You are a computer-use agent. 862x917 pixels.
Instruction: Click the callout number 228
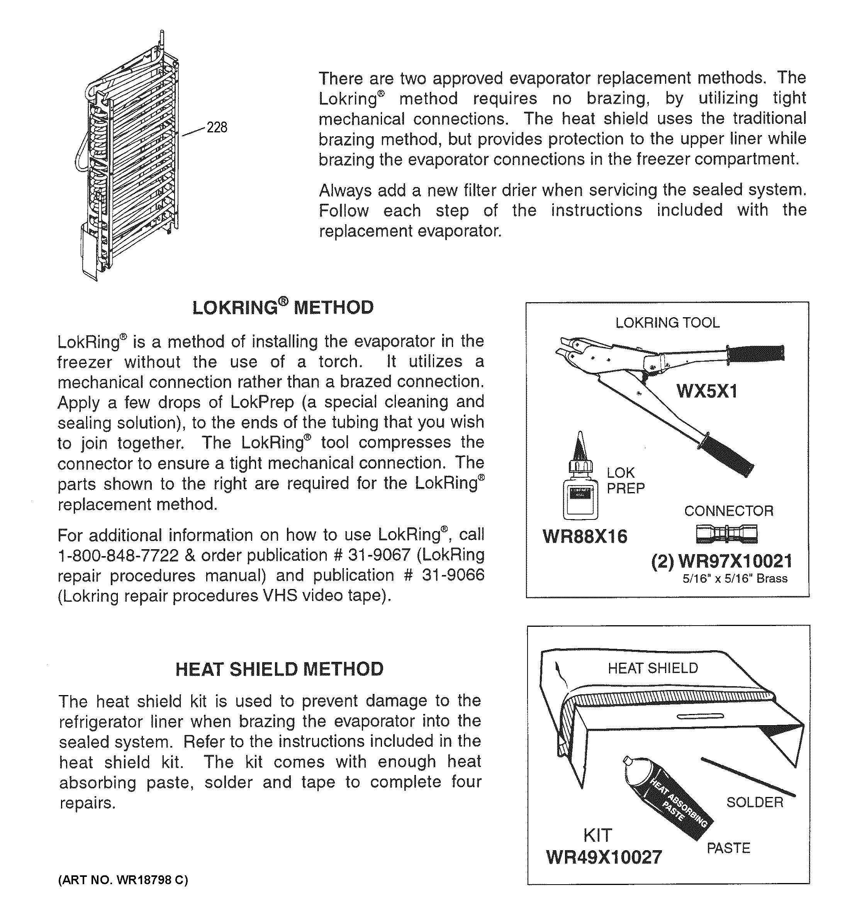[x=216, y=127]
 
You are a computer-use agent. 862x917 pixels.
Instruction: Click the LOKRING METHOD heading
[x=282, y=307]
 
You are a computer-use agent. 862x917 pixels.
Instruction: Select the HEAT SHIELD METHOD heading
[x=279, y=669]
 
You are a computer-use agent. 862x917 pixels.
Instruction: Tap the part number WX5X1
[x=707, y=392]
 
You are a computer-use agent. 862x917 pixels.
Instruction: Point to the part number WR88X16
[x=585, y=536]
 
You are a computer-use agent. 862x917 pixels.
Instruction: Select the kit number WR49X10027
[x=604, y=858]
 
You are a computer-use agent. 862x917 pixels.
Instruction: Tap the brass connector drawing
[x=726, y=534]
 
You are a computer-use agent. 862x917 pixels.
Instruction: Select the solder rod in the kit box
[x=748, y=777]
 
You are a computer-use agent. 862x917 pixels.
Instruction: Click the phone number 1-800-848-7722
[x=118, y=555]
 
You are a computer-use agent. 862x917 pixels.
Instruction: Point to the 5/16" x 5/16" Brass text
[x=735, y=579]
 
